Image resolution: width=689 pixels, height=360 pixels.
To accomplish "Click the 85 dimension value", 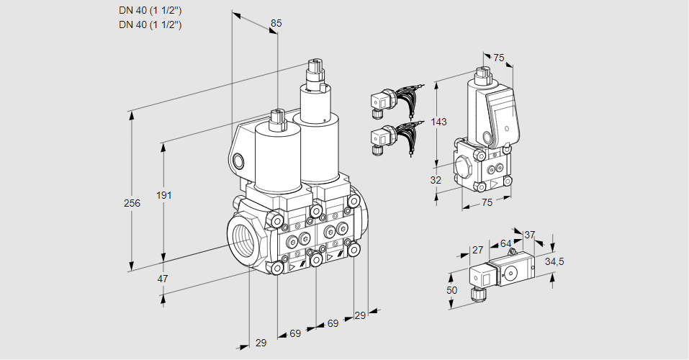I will [276, 23].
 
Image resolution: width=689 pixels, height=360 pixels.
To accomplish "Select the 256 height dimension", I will [132, 203].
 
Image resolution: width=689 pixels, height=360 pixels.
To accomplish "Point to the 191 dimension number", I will [166, 196].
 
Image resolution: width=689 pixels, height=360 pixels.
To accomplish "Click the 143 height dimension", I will [439, 122].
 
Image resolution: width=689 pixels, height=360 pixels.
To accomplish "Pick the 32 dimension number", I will [436, 180].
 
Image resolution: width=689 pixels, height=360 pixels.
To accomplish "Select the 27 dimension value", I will [477, 250].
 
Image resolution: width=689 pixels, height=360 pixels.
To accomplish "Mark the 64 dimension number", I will [505, 243].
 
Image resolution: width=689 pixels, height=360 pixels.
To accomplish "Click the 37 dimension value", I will [529, 235].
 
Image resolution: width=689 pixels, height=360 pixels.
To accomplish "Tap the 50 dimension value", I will [452, 289].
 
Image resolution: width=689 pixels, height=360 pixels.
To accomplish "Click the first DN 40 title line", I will [150, 9].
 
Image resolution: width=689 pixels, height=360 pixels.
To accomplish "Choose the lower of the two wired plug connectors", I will [379, 138].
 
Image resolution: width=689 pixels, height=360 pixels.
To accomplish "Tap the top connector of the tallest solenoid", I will [315, 69].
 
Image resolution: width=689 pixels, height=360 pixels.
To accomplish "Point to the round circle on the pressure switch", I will [513, 273].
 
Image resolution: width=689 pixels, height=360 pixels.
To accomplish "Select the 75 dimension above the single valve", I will [498, 58].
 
